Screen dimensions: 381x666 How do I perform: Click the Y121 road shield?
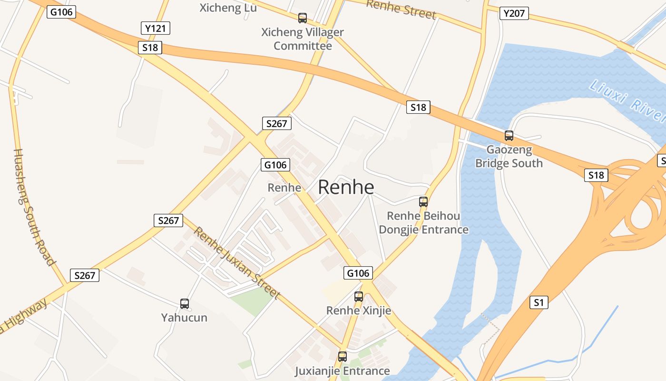tap(156, 28)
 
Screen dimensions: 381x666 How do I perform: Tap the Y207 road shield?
tap(514, 13)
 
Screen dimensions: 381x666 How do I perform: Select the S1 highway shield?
tap(539, 302)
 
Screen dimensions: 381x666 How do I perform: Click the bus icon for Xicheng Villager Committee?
tap(303, 18)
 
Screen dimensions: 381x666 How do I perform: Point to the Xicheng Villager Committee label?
tap(303, 39)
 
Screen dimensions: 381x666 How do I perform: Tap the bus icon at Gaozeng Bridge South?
tap(509, 136)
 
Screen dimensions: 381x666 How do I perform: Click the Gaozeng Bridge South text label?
tap(509, 156)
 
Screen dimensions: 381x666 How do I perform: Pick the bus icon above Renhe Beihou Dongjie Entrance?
tap(423, 201)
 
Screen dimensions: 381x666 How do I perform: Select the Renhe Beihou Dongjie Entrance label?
tap(423, 222)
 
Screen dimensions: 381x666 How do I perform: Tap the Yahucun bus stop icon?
tap(185, 303)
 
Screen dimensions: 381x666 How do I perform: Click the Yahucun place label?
tap(184, 317)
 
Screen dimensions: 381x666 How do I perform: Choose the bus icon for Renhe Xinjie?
tap(359, 297)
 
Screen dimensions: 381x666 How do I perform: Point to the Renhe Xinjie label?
tap(359, 311)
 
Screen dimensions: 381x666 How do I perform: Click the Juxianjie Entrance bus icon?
tap(343, 356)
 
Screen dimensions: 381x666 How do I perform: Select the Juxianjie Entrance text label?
tap(343, 371)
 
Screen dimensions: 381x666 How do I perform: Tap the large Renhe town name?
tap(346, 187)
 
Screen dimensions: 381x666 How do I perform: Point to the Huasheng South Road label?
tap(33, 207)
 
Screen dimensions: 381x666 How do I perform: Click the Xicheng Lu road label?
tap(228, 8)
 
